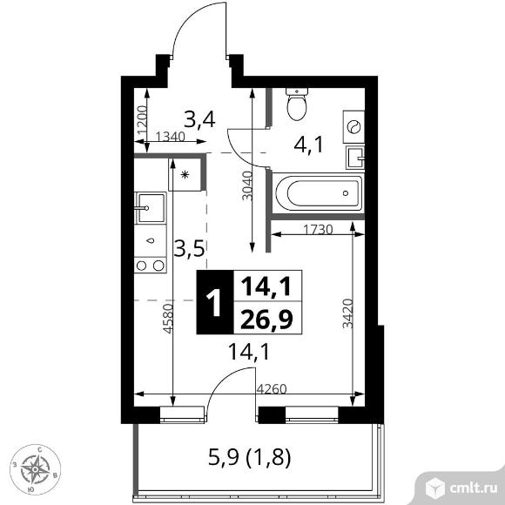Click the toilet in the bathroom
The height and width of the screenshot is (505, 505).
[x=297, y=104]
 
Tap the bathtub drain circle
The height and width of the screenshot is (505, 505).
[x=346, y=193]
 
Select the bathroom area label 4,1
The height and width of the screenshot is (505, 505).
[x=308, y=145]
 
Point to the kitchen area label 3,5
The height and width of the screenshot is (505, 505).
[x=190, y=249]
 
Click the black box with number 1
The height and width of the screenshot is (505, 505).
[x=215, y=302]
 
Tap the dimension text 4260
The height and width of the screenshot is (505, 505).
[x=272, y=389]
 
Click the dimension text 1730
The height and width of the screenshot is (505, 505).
[x=318, y=230]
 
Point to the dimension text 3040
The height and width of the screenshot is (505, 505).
[x=247, y=186]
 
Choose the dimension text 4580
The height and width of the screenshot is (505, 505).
[x=168, y=319]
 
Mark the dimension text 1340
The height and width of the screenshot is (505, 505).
[x=170, y=137]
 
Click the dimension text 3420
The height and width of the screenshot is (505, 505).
[x=347, y=313]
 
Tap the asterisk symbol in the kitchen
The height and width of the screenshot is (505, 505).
[x=185, y=175]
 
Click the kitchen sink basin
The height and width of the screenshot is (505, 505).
[x=151, y=208]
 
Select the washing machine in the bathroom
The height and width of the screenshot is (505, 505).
[x=353, y=127]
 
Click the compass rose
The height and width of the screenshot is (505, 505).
[x=35, y=469]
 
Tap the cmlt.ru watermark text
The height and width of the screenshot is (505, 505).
[x=473, y=488]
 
